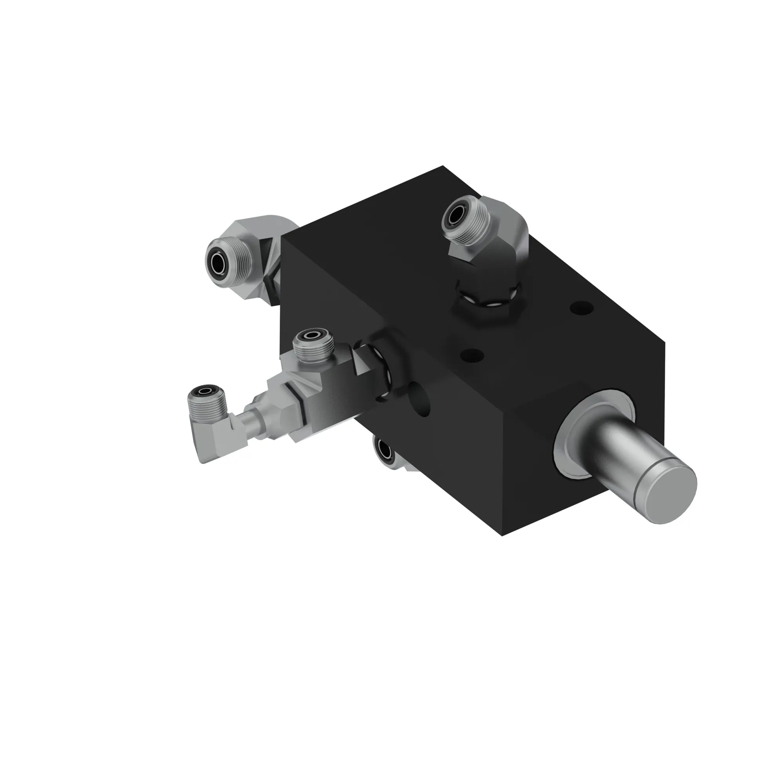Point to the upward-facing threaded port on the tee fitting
pyautogui.click(x=313, y=335)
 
